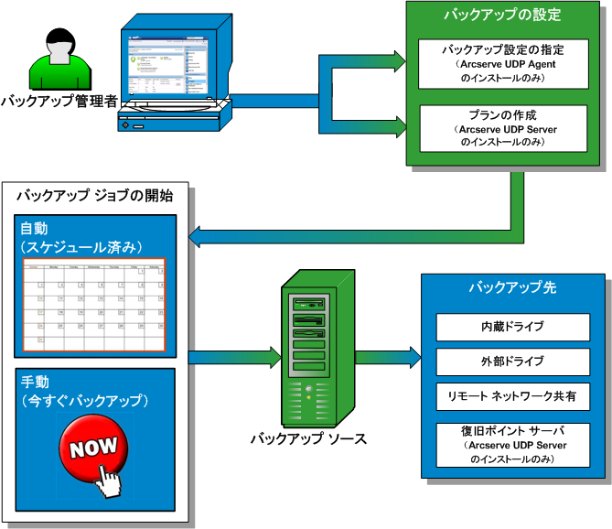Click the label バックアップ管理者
(59, 101)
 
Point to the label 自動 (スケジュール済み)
(82, 237)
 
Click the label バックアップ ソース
(309, 438)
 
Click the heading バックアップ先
(512, 288)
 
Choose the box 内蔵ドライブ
(512, 326)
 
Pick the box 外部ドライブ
(512, 361)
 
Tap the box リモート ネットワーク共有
(512, 396)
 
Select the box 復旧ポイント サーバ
(512, 443)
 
